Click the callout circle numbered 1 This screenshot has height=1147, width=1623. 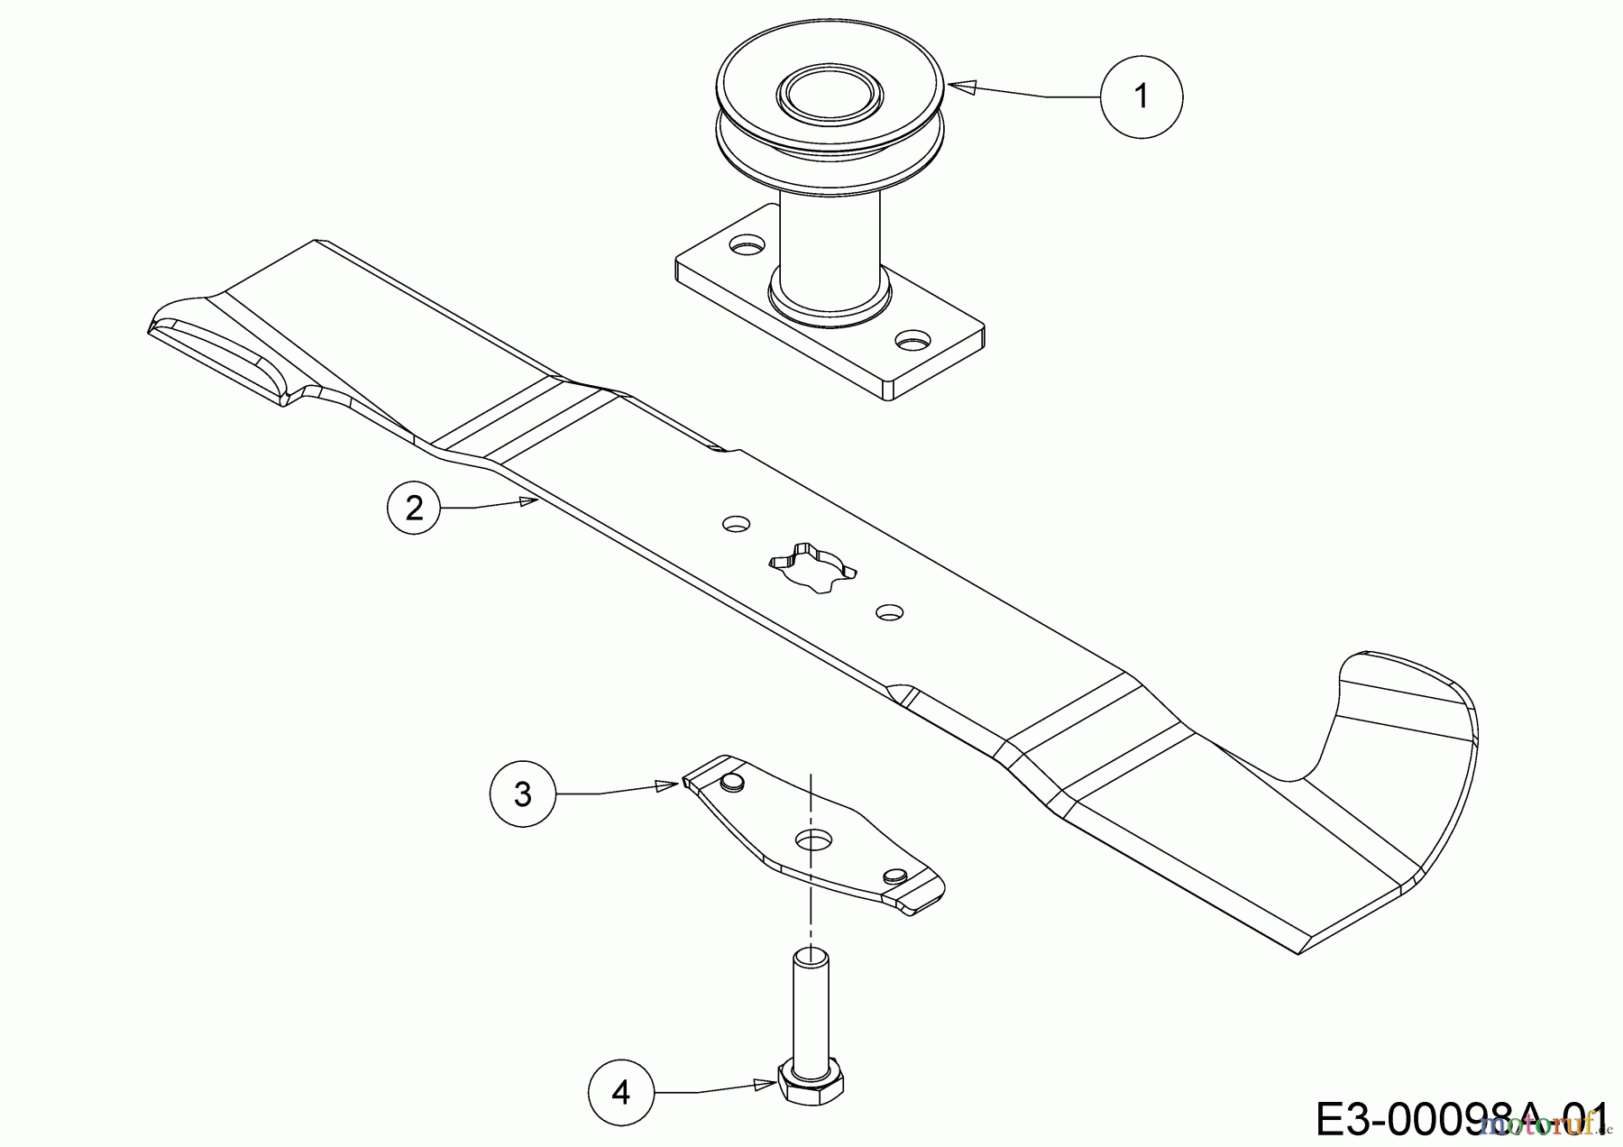click(x=1142, y=96)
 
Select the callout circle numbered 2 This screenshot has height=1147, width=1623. click(x=414, y=509)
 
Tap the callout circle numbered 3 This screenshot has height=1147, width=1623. click(x=523, y=794)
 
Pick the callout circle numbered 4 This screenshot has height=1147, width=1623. click(x=621, y=1093)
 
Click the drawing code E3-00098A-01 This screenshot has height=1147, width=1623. click(x=1461, y=1117)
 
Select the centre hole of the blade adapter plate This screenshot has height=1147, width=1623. click(x=814, y=839)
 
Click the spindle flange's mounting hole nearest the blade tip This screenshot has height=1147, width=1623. click(x=745, y=244)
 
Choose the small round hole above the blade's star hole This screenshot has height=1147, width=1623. click(x=738, y=523)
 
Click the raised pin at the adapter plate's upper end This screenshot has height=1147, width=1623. click(x=732, y=781)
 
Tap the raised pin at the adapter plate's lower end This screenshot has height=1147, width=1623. click(x=894, y=875)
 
